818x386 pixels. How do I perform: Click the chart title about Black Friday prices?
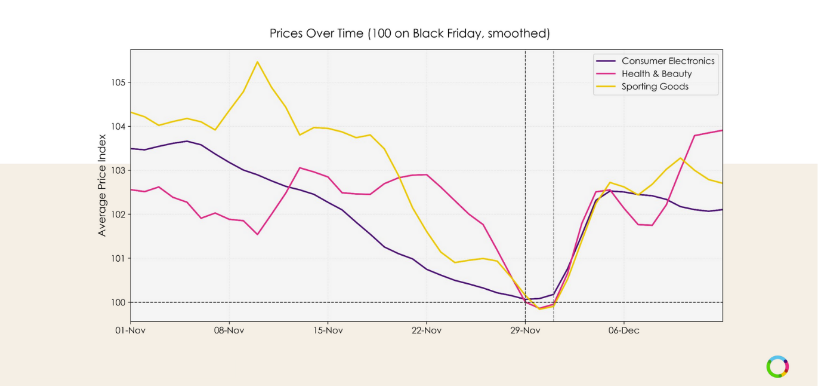coord(409,33)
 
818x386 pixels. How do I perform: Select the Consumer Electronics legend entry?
coord(668,61)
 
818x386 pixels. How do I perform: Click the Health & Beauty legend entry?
coord(656,73)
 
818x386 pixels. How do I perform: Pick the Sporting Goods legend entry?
coord(655,87)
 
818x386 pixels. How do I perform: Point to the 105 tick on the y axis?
coord(117,82)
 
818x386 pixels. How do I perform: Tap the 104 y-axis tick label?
coord(117,127)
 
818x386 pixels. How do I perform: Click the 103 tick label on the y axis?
coord(117,170)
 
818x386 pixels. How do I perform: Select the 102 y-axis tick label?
coord(117,215)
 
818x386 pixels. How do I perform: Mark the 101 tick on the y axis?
coord(117,259)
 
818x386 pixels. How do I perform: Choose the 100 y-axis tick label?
coord(117,302)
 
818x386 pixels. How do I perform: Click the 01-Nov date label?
coord(131,330)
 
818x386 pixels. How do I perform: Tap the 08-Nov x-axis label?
coord(229,330)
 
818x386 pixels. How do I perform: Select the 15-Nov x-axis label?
coord(328,330)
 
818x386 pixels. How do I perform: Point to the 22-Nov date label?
coord(427,330)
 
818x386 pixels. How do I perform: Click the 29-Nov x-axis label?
coord(525,330)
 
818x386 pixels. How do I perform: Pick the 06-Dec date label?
coord(624,330)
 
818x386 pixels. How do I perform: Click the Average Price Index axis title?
coord(102,185)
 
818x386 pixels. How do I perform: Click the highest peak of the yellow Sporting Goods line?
coord(257,62)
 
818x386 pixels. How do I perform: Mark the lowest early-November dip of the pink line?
coord(257,234)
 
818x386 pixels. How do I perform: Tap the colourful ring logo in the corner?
coord(777,367)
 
